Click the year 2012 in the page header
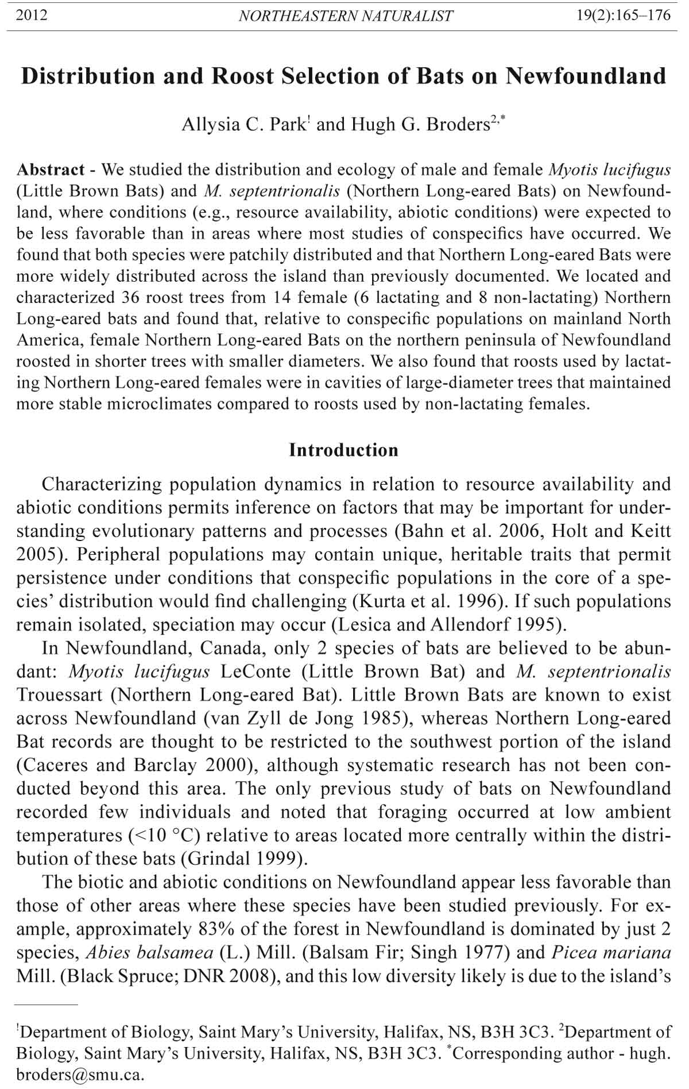[x=32, y=15]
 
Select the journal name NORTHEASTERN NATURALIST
[x=346, y=16]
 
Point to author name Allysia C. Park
[x=245, y=125]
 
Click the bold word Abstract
[x=51, y=170]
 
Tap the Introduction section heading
[x=343, y=450]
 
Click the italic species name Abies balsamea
[x=149, y=952]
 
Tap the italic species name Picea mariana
[x=611, y=952]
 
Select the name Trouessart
[x=59, y=695]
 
